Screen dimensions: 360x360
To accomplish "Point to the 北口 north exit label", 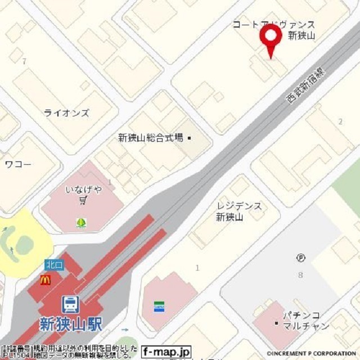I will pyautogui.click(x=55, y=264).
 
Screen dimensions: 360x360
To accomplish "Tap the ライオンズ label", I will pyautogui.click(x=66, y=113).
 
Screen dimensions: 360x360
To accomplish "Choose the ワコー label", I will pyautogui.click(x=18, y=164).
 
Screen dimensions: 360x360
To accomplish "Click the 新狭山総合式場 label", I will pyautogui.click(x=151, y=137).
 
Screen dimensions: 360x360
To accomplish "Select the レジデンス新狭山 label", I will pyautogui.click(x=238, y=211).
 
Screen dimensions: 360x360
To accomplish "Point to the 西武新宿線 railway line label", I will pyautogui.click(x=304, y=85).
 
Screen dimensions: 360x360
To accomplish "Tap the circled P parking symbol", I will pyautogui.click(x=301, y=258).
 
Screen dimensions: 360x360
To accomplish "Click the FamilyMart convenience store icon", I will pyautogui.click(x=159, y=307).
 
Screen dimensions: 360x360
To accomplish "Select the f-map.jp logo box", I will pyautogui.click(x=166, y=352).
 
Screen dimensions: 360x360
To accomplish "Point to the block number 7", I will pyautogui.click(x=24, y=61).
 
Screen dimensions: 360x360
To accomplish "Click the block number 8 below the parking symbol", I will pyautogui.click(x=300, y=275).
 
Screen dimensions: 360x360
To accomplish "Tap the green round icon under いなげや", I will pyautogui.click(x=82, y=223).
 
